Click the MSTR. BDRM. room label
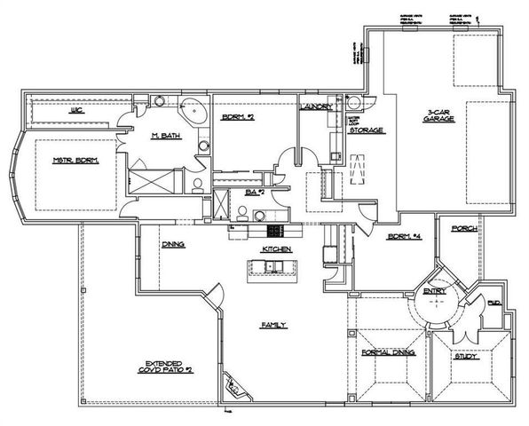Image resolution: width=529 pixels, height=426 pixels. point(75,161)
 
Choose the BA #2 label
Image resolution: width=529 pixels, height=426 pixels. point(255,191)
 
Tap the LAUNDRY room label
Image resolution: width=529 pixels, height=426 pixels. point(317,107)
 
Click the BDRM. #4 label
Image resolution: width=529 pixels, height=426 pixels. point(402,236)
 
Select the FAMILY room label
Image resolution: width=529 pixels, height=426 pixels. point(272,325)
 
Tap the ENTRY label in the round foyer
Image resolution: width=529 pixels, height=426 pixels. point(434,290)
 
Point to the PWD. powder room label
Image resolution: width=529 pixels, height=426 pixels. point(493,304)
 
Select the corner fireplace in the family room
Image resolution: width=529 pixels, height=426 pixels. point(233,385)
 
